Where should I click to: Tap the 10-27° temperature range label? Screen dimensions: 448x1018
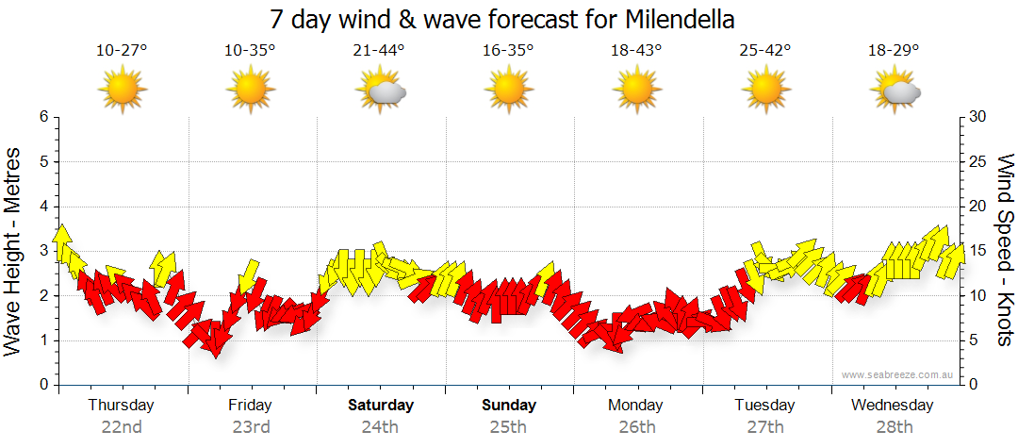click(122, 51)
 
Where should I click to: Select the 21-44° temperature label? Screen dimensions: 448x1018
click(379, 51)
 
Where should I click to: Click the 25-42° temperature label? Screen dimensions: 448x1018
click(765, 51)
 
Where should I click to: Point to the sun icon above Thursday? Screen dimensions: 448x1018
click(123, 91)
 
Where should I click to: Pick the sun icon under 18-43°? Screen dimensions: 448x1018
click(637, 91)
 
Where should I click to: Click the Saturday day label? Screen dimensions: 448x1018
click(381, 406)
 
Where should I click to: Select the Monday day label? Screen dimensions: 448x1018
click(636, 406)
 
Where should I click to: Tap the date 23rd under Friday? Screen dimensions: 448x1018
click(251, 426)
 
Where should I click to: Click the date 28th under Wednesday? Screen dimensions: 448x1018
click(893, 426)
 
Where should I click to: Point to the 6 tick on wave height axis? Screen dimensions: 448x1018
click(43, 117)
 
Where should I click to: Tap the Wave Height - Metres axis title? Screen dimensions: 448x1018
click(14, 251)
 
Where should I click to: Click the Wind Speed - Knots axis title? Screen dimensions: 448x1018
click(1005, 251)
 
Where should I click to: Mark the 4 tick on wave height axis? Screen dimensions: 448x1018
click(43, 207)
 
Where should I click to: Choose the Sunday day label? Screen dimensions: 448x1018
click(509, 406)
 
